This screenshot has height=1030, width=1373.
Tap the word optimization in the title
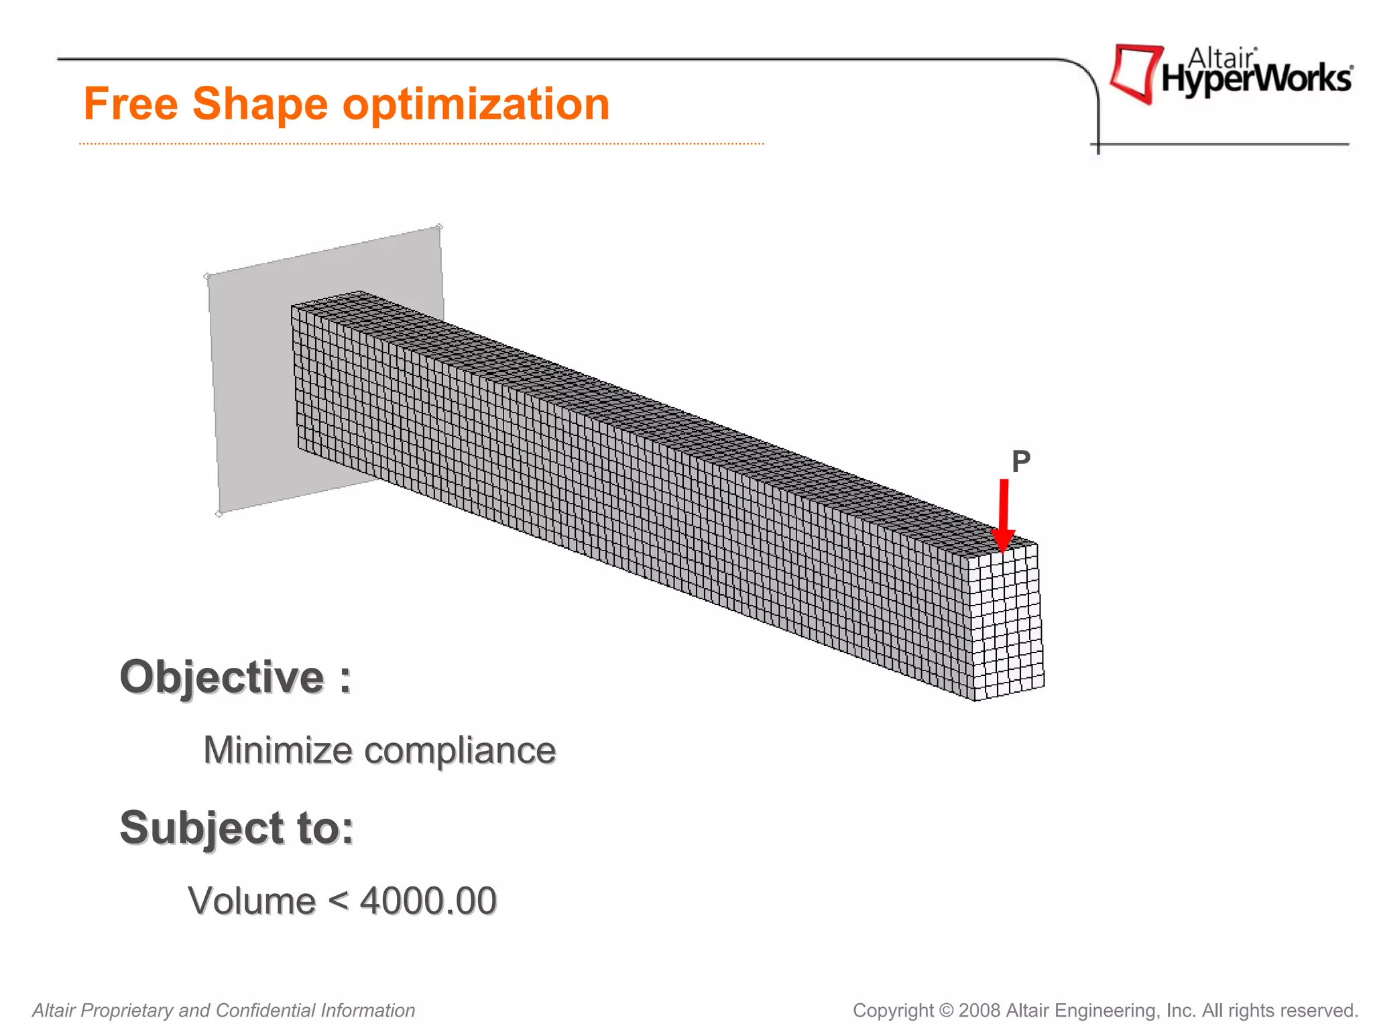476,105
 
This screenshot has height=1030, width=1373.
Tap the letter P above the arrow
1020,461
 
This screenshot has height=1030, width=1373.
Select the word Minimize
278,750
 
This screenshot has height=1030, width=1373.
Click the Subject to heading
237,827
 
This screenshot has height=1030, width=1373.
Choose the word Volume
251,901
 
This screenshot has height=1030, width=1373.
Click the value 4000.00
428,901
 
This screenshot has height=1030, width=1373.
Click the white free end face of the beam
1006,624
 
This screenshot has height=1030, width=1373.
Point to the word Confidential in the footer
265,1011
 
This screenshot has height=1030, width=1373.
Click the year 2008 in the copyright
979,1011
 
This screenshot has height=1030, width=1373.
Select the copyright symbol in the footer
946,1011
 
